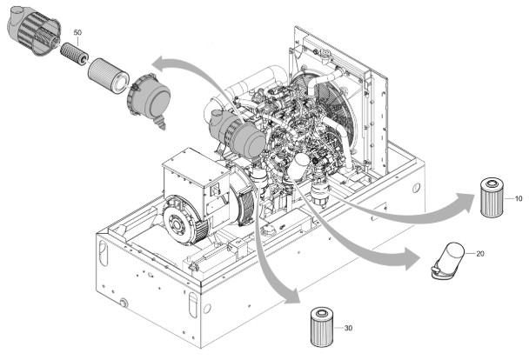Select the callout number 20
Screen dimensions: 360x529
tap(482, 253)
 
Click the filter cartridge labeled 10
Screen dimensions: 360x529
tap(492, 199)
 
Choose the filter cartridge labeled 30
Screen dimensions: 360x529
tap(322, 327)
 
